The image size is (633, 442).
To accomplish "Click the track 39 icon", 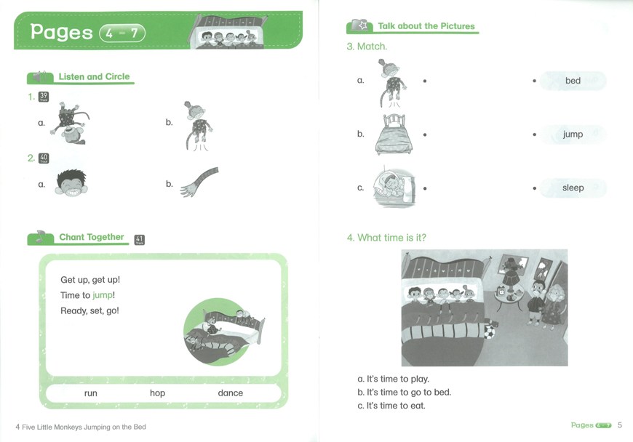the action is click(x=44, y=97).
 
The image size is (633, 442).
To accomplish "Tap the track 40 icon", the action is click(x=44, y=158).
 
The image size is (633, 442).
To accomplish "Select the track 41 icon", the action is click(x=139, y=240).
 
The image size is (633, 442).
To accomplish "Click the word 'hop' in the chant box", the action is click(x=157, y=393).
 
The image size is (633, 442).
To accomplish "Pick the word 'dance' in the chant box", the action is click(x=231, y=393).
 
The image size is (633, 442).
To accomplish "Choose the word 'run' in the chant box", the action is click(x=91, y=393).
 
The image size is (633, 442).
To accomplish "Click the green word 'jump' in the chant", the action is click(x=103, y=295).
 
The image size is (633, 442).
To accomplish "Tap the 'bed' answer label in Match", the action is click(x=573, y=81).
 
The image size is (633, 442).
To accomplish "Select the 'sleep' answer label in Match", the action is click(x=573, y=188).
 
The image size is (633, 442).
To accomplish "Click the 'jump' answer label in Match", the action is click(x=573, y=134).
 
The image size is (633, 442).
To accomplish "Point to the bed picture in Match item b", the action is click(x=394, y=134).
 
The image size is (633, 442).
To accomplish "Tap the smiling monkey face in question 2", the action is click(x=71, y=183).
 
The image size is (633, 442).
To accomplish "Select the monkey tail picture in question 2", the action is click(x=199, y=182).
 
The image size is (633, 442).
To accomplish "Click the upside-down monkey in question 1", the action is click(x=69, y=124).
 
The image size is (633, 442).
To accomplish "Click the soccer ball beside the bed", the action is click(x=490, y=332).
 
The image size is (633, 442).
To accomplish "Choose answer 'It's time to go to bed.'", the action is click(x=405, y=393).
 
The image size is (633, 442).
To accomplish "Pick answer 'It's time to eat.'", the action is click(x=391, y=406).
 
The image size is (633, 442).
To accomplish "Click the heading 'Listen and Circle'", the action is click(x=94, y=76).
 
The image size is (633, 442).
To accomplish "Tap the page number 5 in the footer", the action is click(x=620, y=425).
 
